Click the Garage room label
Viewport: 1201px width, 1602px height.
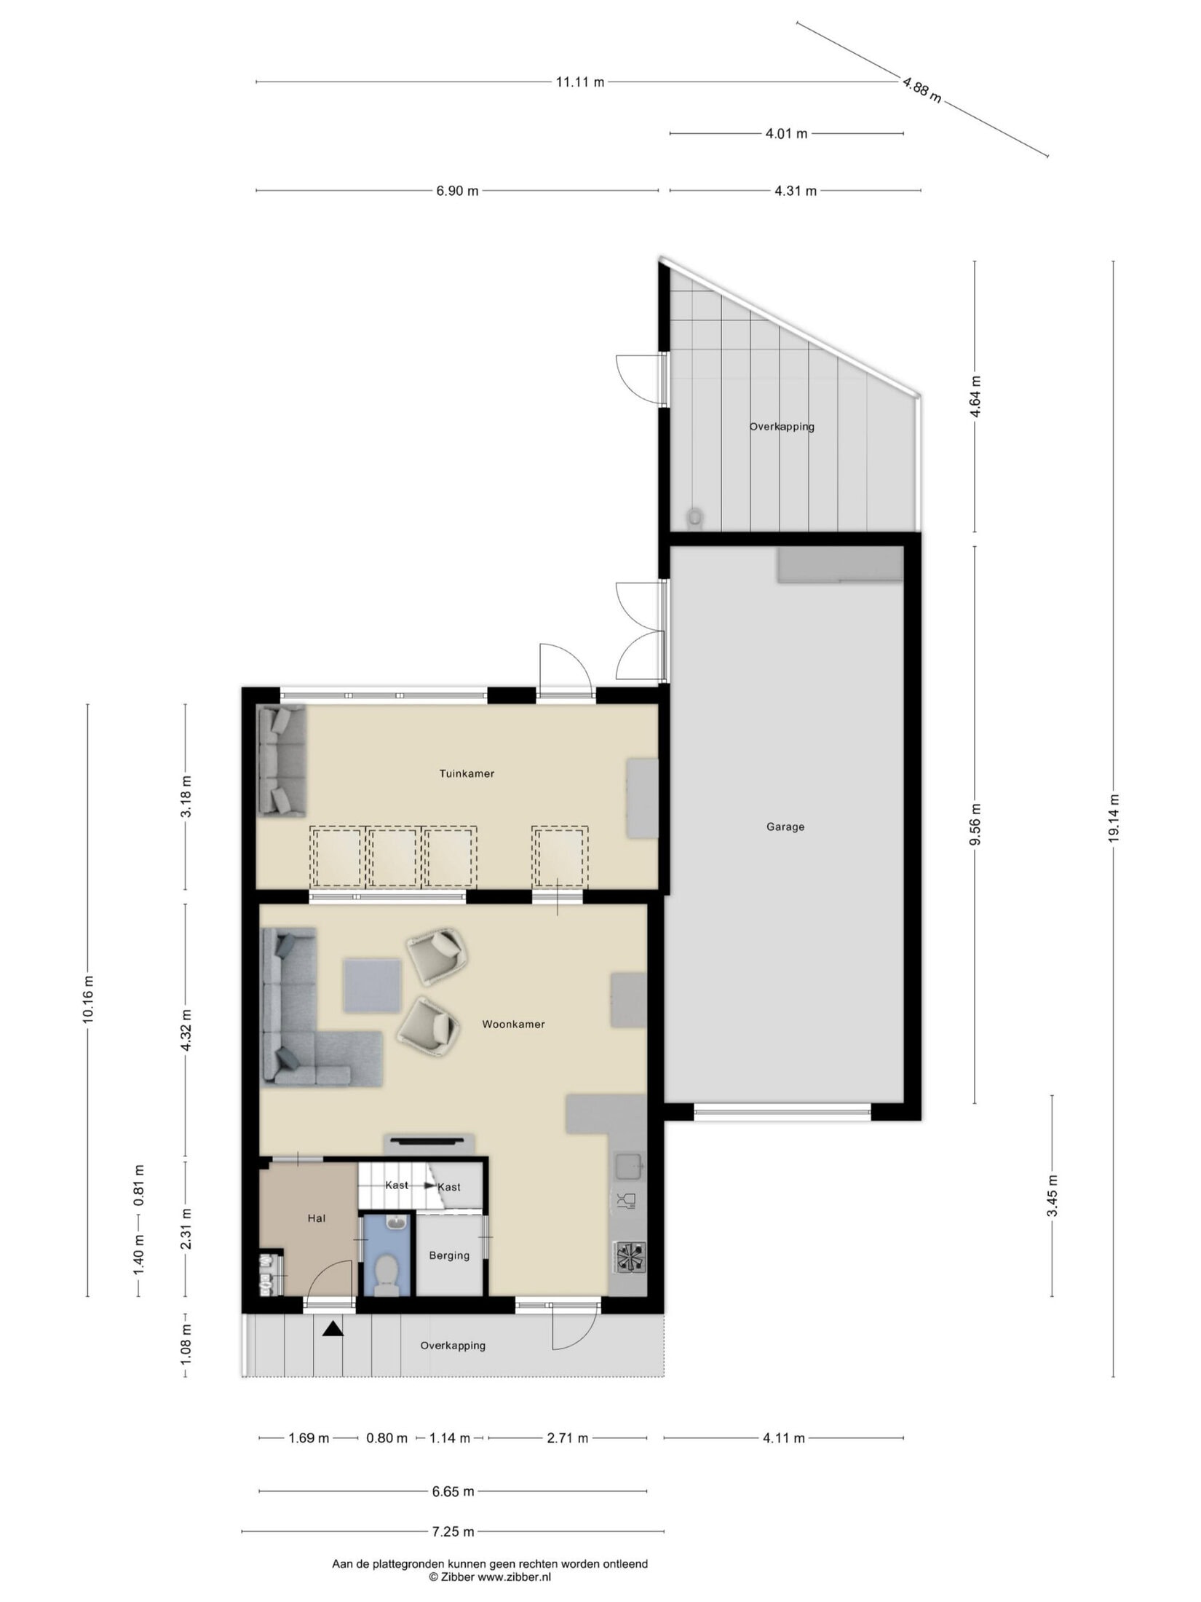point(785,826)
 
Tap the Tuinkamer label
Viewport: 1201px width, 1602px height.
point(467,773)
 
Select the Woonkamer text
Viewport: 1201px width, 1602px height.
point(513,1024)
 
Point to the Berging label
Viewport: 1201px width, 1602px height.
point(449,1255)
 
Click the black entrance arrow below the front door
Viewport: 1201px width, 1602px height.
point(333,1329)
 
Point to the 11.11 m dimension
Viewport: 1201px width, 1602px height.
point(580,82)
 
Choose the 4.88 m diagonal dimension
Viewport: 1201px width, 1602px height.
point(921,90)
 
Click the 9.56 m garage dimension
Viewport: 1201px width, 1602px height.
point(975,824)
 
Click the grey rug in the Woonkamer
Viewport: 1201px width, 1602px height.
point(373,986)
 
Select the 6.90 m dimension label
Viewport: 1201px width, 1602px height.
point(457,191)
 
